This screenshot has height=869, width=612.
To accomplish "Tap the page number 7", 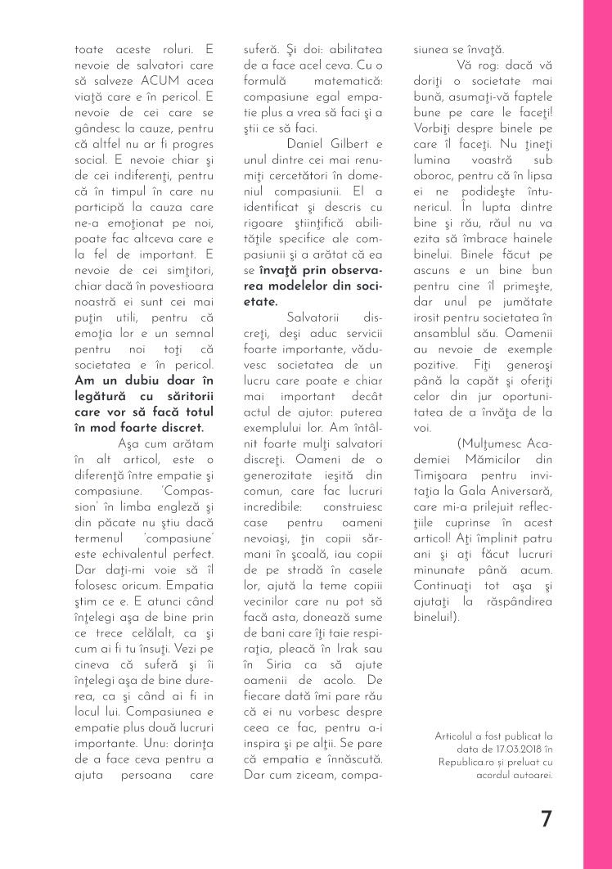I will coord(547,819).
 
